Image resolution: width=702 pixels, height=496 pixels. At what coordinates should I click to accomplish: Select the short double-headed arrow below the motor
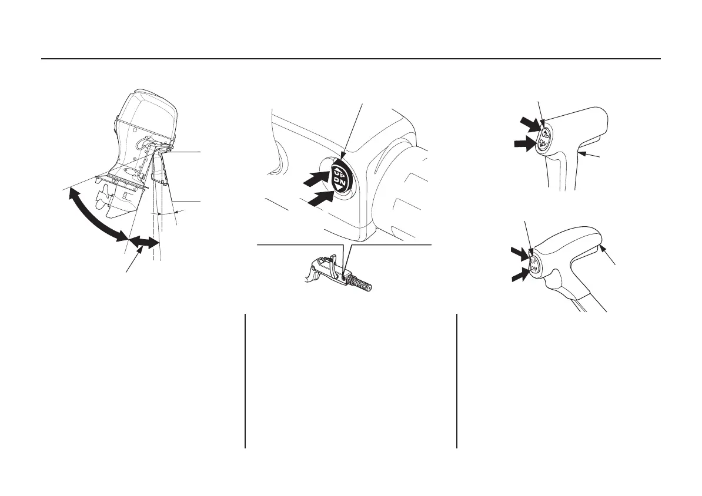(144, 241)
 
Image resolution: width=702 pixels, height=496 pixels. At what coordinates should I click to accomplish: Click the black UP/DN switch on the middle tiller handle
(340, 176)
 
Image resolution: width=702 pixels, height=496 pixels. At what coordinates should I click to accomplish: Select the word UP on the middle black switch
(340, 170)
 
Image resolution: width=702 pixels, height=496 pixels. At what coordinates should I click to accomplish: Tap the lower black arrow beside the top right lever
(523, 143)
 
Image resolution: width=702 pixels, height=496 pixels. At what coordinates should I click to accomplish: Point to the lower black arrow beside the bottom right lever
(520, 274)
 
